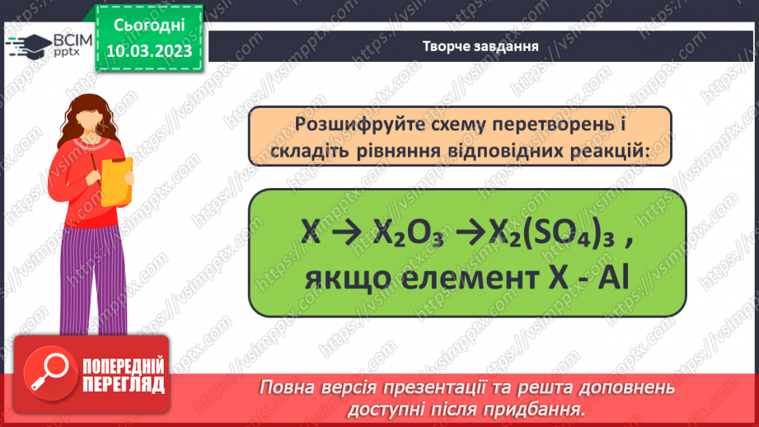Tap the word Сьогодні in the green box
[x=149, y=27]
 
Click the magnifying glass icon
[x=46, y=376]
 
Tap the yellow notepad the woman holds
[x=118, y=181]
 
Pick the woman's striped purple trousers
[x=93, y=284]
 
